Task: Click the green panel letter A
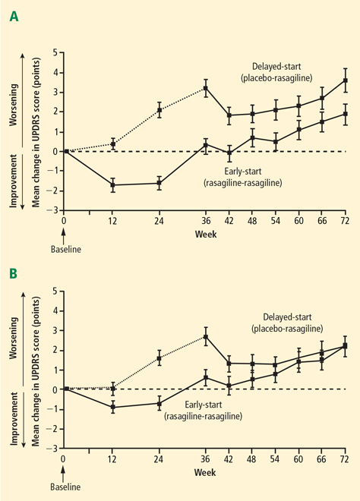(x=14, y=16)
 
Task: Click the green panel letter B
(x=14, y=274)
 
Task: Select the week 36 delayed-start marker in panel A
(x=206, y=88)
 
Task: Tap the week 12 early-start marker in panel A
(x=112, y=185)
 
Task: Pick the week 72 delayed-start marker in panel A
(x=346, y=80)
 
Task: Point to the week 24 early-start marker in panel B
(x=159, y=404)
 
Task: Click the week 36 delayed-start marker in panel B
(x=206, y=337)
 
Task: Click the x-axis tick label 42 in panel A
(x=229, y=221)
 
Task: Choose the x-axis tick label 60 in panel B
(x=298, y=459)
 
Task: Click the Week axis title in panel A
(x=206, y=235)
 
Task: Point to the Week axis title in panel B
(x=205, y=472)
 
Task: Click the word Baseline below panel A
(x=66, y=249)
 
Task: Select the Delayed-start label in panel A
(x=276, y=67)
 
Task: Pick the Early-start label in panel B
(x=204, y=405)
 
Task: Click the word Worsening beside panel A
(x=14, y=105)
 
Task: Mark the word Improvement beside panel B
(x=14, y=419)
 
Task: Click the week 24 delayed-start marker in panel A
(x=159, y=111)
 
